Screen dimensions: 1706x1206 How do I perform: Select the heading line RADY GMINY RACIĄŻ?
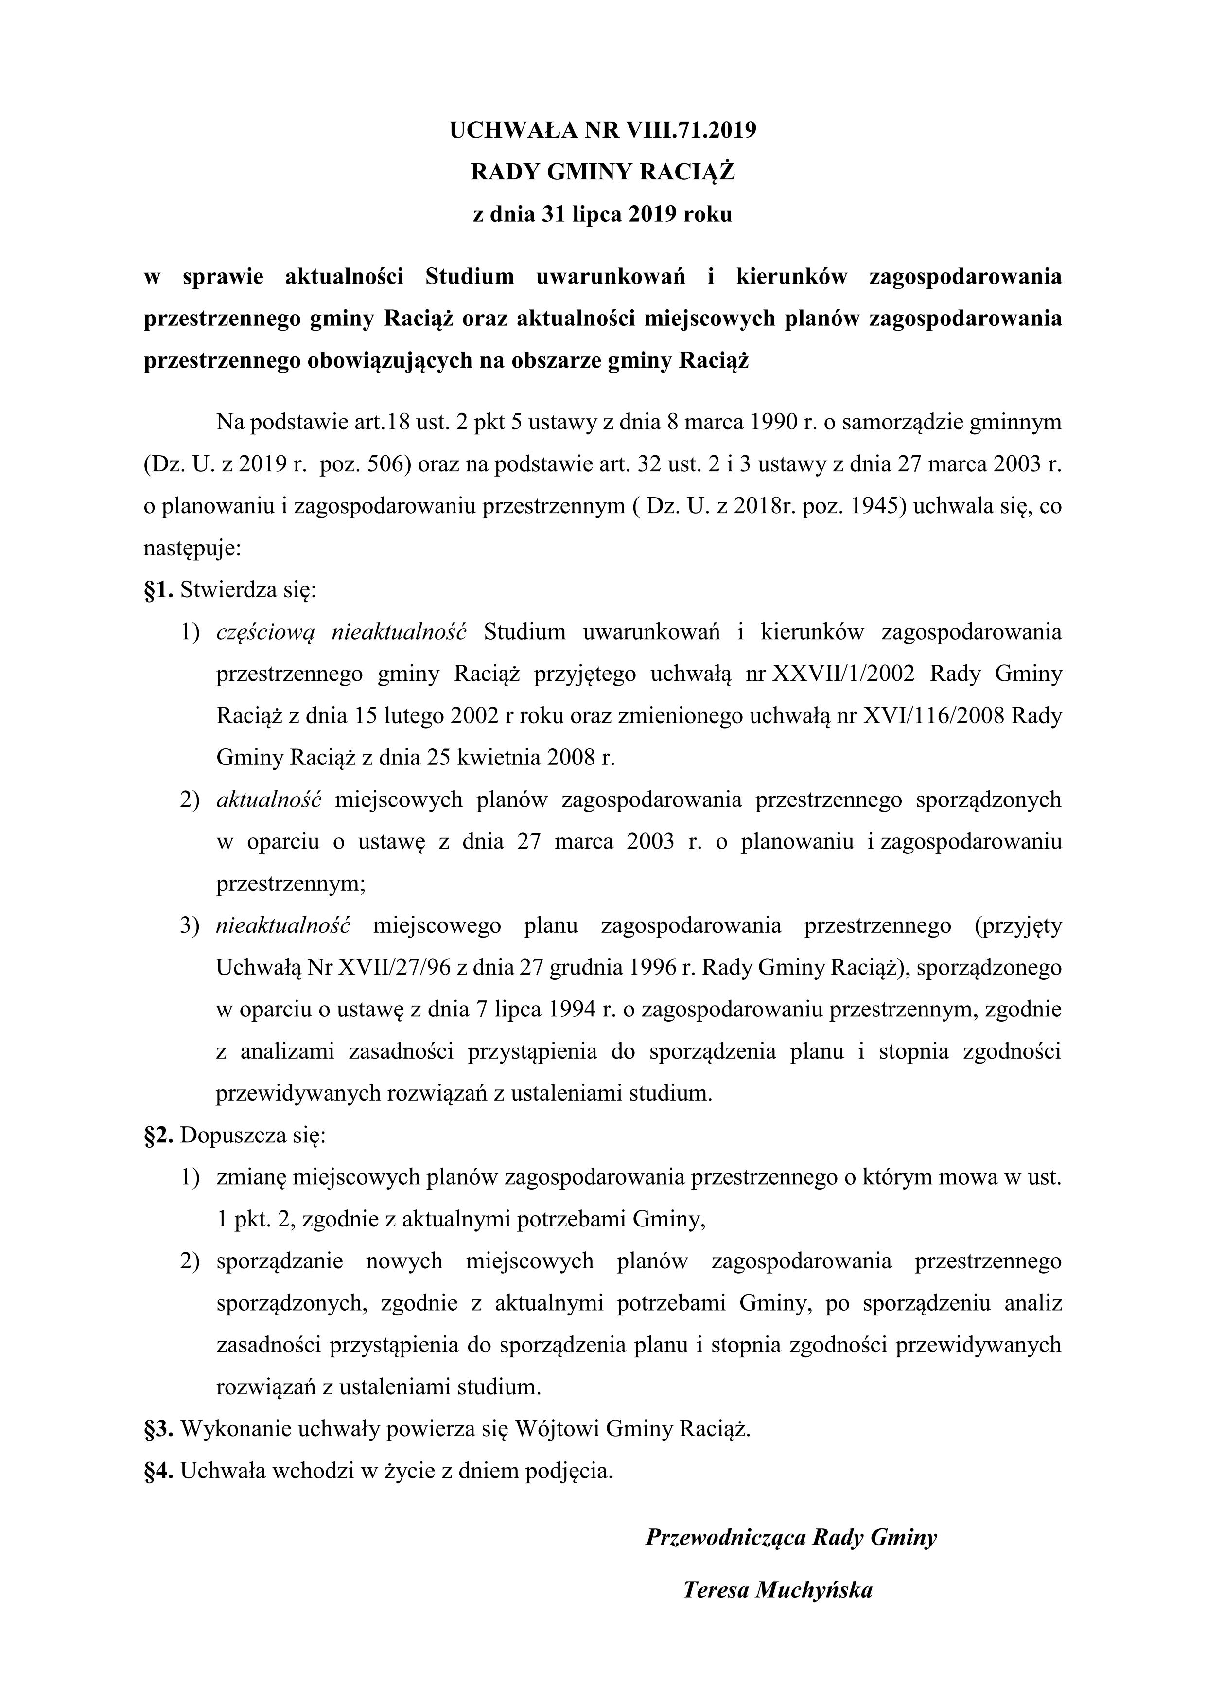click(x=602, y=172)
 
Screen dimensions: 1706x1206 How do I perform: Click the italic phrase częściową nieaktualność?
click(x=341, y=632)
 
